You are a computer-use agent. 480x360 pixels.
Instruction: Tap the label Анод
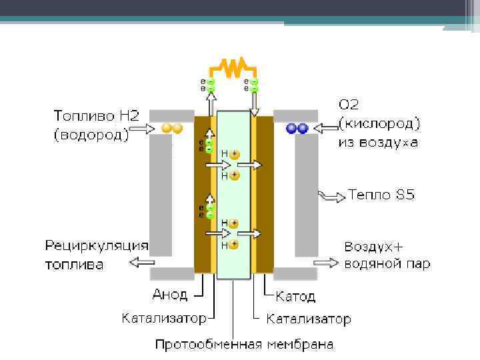[x=171, y=294]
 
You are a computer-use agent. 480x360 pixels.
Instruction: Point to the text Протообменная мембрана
[x=245, y=344]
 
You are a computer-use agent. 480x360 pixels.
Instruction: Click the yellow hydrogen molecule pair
[x=172, y=129]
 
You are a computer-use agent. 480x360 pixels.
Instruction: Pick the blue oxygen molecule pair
[x=297, y=129]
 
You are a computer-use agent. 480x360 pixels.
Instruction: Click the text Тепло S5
[x=381, y=195]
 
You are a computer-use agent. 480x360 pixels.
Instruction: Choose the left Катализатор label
[x=164, y=318]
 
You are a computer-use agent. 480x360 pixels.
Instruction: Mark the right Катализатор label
[x=309, y=319]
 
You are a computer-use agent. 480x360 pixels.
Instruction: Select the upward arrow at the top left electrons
[x=211, y=101]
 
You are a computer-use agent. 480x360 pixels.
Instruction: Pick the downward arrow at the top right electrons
[x=254, y=101]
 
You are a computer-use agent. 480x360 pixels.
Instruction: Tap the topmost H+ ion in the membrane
[x=234, y=155]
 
